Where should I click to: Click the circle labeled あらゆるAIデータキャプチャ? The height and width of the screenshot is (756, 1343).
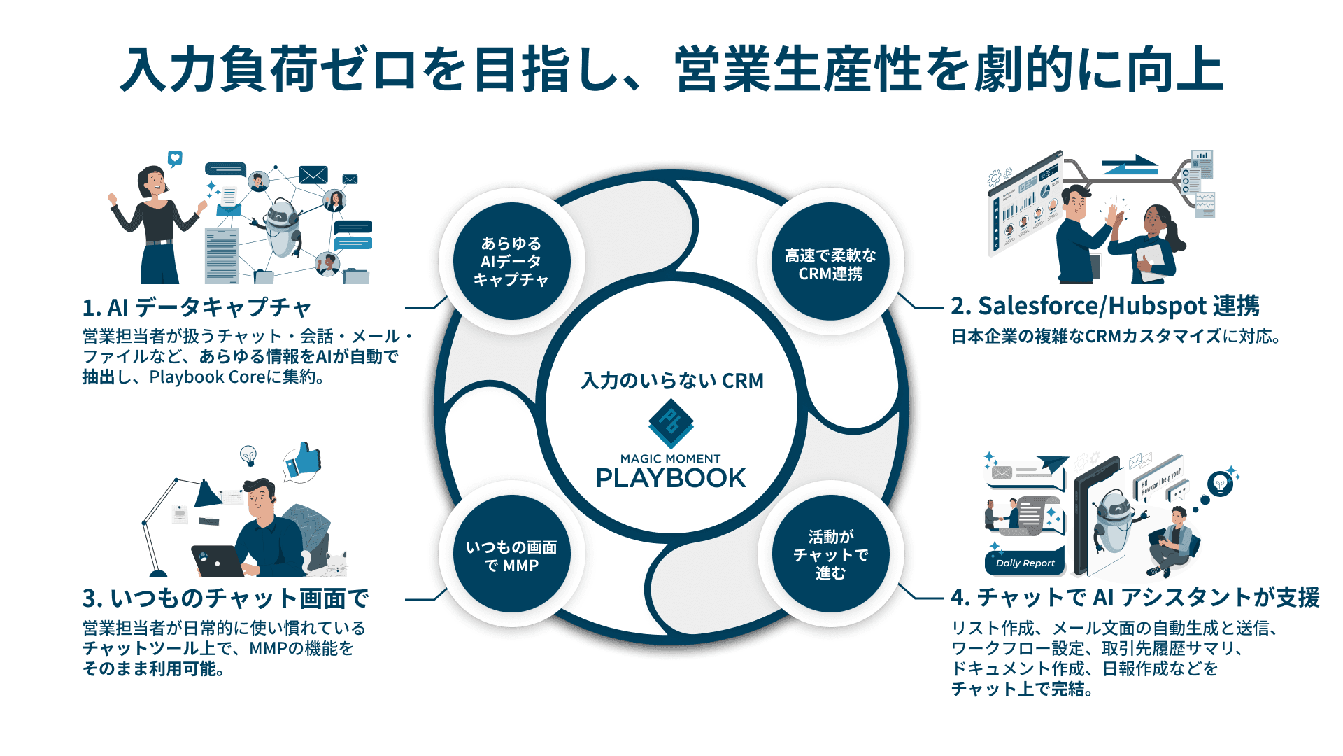click(x=511, y=261)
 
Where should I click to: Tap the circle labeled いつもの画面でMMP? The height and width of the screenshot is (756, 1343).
click(x=511, y=555)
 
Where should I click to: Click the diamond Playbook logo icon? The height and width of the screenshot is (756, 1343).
click(x=671, y=423)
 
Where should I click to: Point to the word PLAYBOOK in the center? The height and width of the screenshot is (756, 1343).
click(x=671, y=478)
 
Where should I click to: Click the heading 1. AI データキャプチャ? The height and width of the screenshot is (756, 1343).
click(x=197, y=307)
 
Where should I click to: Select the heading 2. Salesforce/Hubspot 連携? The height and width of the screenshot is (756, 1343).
click(x=1104, y=306)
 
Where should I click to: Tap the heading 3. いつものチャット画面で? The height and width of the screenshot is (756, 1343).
click(x=225, y=598)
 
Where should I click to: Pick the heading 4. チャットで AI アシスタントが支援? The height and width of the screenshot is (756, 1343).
click(x=1135, y=597)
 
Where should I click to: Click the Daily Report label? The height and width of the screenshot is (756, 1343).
click(x=1025, y=563)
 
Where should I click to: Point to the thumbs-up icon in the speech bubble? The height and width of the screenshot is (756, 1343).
click(x=304, y=461)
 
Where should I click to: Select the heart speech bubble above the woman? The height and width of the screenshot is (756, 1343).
click(x=175, y=158)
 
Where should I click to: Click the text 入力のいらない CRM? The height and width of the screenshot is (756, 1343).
click(x=671, y=381)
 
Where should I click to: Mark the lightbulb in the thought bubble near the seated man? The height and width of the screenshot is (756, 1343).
click(x=1220, y=483)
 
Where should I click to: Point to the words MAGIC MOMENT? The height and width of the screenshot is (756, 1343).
click(x=670, y=458)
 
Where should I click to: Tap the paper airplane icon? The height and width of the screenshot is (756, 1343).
click(x=1052, y=463)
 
